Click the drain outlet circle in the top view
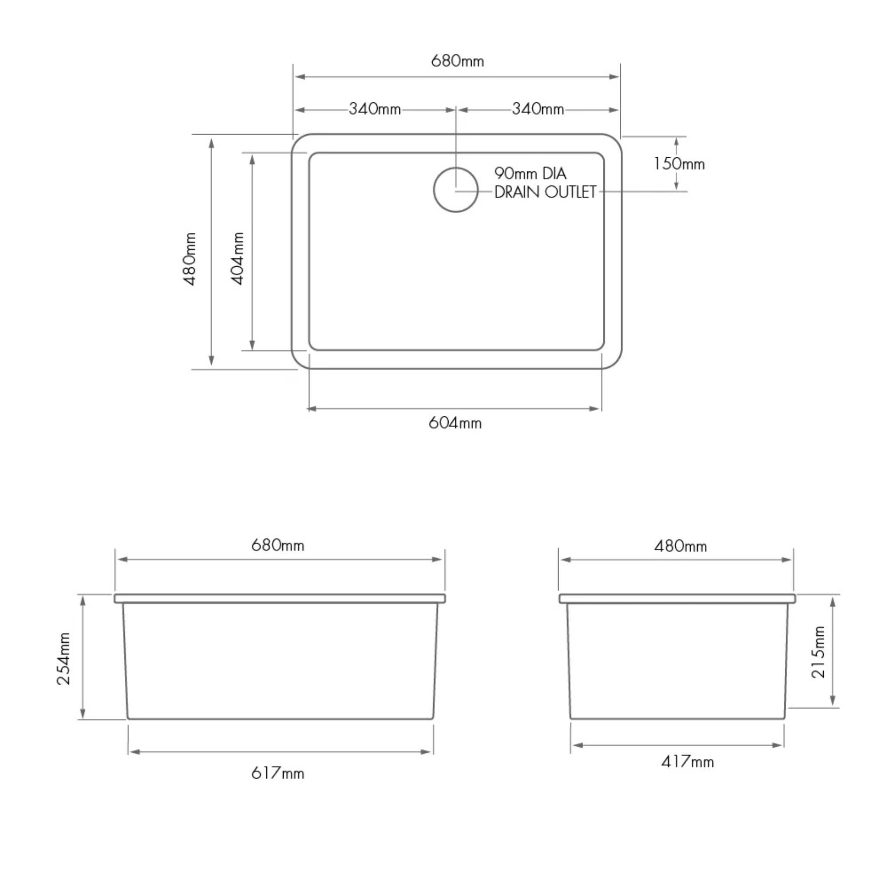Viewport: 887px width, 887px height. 456,190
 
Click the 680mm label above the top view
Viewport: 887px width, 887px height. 457,61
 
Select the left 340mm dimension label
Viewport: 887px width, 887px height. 375,109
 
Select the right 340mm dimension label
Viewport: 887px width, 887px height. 537,109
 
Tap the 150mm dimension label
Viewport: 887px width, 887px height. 679,164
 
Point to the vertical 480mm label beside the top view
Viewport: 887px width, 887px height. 190,259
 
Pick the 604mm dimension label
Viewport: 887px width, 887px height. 455,423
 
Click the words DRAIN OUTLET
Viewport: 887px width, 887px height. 545,192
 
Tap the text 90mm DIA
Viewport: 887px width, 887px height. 530,174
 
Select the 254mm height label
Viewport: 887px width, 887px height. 64,659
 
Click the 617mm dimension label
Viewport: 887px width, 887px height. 277,773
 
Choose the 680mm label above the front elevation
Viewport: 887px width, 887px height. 277,545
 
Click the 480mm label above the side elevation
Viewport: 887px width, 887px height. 680,546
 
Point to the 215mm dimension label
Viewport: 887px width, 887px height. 818,651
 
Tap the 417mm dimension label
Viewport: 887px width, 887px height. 687,762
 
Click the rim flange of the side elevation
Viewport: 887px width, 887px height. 677,599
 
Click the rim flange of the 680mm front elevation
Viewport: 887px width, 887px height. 279,598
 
